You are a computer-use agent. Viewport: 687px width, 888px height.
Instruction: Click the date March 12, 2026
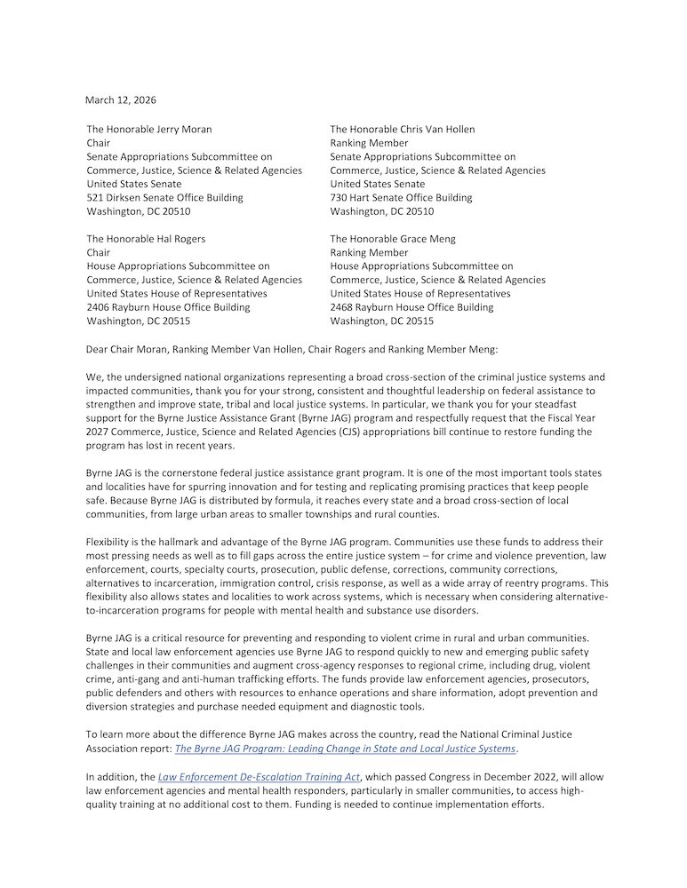point(121,99)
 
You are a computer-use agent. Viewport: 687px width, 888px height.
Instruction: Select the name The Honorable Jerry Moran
point(149,130)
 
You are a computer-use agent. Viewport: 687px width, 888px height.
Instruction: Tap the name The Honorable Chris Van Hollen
point(403,130)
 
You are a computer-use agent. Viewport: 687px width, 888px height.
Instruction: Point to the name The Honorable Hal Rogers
point(146,239)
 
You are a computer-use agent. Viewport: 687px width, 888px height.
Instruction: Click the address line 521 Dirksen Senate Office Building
point(164,198)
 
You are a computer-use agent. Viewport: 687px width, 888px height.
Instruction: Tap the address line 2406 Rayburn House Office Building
point(168,307)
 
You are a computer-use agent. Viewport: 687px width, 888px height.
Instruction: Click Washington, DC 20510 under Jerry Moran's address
point(138,211)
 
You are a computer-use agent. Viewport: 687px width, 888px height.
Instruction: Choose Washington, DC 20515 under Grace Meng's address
point(382,321)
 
